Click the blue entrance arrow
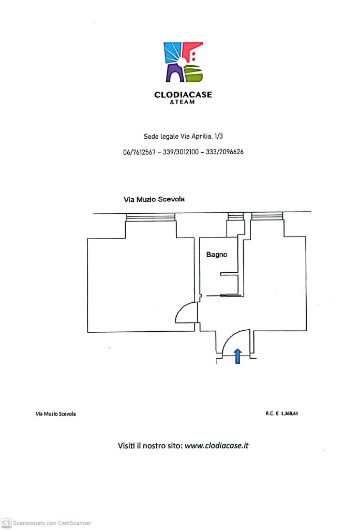click(237, 356)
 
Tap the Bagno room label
click(217, 255)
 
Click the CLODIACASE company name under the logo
click(183, 95)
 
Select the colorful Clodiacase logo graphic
click(184, 62)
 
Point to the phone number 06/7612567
click(139, 152)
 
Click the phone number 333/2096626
click(224, 152)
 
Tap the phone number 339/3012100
click(181, 152)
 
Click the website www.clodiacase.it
click(217, 446)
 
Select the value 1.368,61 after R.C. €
click(290, 414)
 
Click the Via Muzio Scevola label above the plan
click(154, 199)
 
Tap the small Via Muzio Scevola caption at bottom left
click(56, 414)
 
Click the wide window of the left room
click(151, 217)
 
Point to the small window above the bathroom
click(235, 216)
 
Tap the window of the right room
click(267, 216)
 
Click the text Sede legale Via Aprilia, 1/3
click(183, 137)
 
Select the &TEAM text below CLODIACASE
click(183, 102)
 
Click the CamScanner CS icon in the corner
click(6, 523)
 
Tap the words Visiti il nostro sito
click(150, 446)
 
